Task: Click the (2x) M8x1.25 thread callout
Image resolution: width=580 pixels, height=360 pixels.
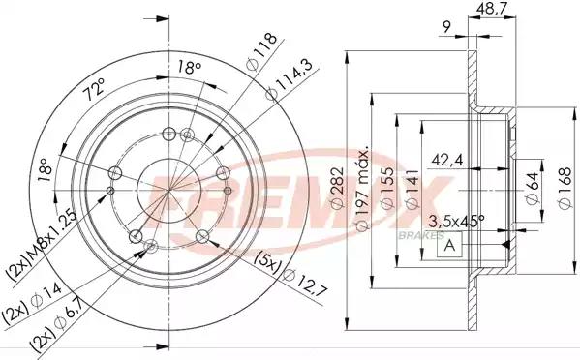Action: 28,239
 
